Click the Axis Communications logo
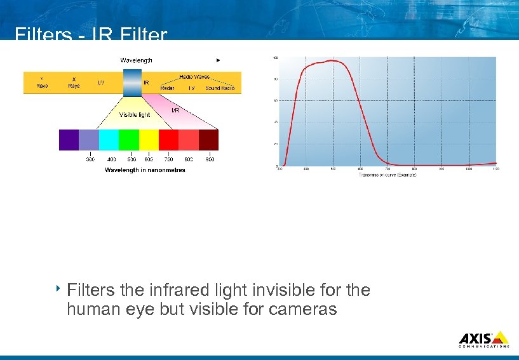click(483, 338)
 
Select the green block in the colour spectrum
click(129, 140)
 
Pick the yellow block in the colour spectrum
click(149, 140)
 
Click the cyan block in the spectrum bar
click(109, 140)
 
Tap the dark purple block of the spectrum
click(69, 140)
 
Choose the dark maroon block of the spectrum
click(208, 140)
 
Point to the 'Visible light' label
click(135, 115)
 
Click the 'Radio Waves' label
click(194, 76)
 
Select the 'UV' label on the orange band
click(101, 83)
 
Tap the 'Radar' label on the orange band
click(167, 88)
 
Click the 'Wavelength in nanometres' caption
click(145, 170)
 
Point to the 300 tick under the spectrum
click(91, 159)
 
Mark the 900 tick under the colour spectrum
click(210, 159)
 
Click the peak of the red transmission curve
click(331, 60)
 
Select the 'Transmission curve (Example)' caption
click(388, 175)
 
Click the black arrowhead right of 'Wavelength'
click(218, 60)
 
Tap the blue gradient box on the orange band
click(132, 83)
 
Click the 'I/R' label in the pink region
click(176, 110)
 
